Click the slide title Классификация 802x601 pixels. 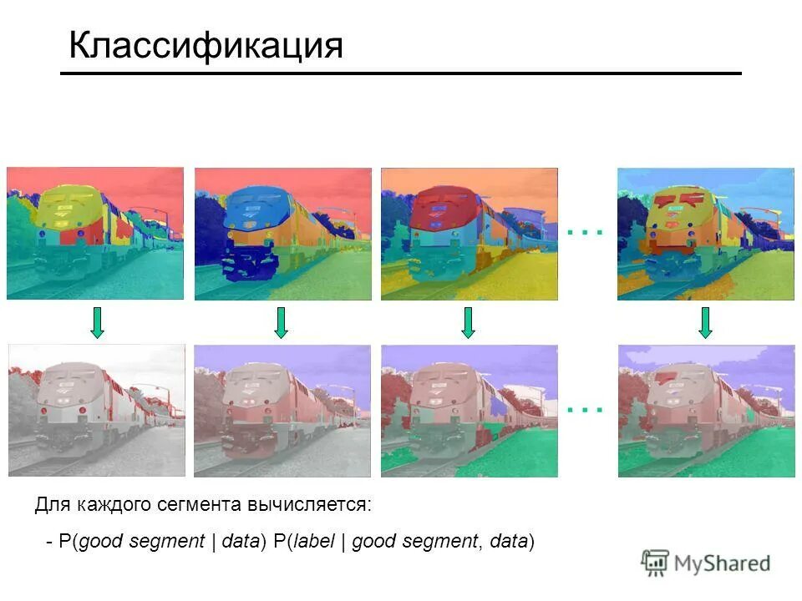[206, 46]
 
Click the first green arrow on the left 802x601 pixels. [97, 322]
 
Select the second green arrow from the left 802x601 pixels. [281, 322]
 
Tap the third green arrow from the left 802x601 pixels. [468, 322]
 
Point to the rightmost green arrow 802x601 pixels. [705, 322]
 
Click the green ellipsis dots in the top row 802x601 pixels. [584, 233]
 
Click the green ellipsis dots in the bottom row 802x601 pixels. [584, 410]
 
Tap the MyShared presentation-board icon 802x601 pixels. [655, 563]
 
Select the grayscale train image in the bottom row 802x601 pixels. [95, 410]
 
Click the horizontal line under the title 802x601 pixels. [401, 73]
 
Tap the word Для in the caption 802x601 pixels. [53, 505]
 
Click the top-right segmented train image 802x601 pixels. [706, 234]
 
